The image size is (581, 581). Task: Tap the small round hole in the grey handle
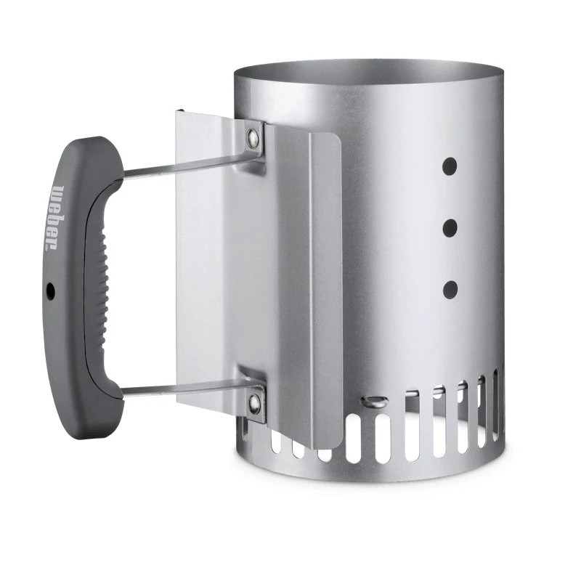pos(51,290)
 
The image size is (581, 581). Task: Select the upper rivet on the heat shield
pos(253,136)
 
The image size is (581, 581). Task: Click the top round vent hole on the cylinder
pos(450,165)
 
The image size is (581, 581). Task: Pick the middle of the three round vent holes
pos(450,227)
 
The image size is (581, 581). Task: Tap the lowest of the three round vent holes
pos(450,290)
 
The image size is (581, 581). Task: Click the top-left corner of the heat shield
pos(179,113)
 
